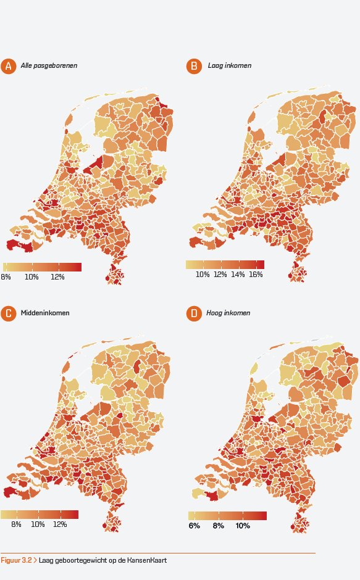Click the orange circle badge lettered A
click(8, 66)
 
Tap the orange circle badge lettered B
click(194, 66)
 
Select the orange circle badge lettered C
click(8, 313)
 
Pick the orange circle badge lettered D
click(194, 313)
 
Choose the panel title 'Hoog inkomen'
click(228, 313)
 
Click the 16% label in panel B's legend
click(256, 275)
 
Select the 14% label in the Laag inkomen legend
click(238, 275)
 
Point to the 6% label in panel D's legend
click(194, 526)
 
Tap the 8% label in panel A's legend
click(6, 277)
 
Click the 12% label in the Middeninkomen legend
click(60, 525)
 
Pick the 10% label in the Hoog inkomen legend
click(243, 526)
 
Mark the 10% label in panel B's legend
click(203, 275)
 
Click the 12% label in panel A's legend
click(57, 277)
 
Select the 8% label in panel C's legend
click(16, 525)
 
